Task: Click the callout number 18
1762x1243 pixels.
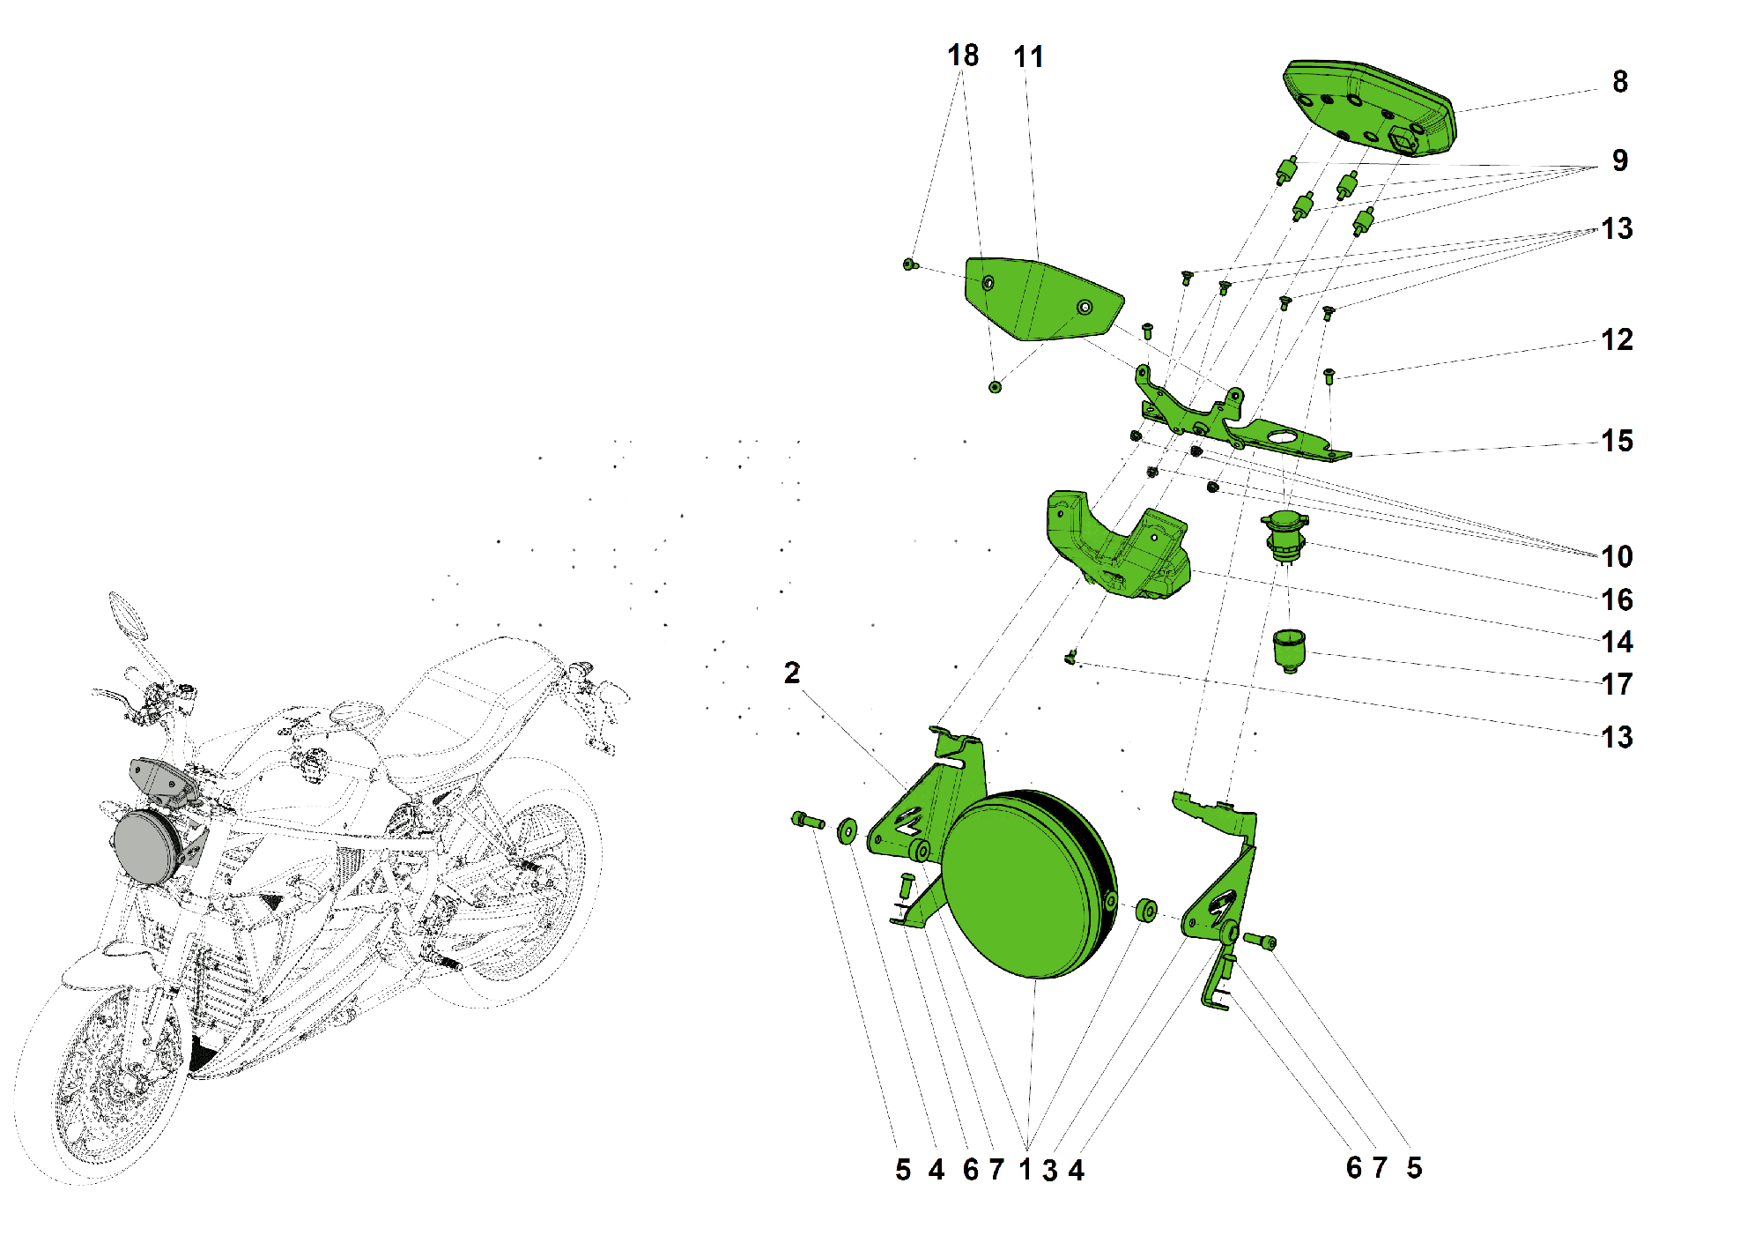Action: (962, 56)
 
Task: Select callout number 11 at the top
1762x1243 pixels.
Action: (1028, 57)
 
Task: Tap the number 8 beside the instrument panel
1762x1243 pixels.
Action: (1619, 82)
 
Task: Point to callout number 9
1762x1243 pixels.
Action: (1619, 160)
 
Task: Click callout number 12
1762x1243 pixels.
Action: (1617, 340)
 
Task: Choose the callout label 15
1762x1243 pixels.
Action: (1617, 442)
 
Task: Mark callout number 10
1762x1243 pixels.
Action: (1617, 557)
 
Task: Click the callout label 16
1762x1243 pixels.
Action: (1617, 600)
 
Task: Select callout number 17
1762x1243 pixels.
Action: (1617, 685)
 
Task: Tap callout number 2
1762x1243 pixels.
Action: (792, 674)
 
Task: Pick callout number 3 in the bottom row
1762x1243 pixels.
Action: (1049, 1171)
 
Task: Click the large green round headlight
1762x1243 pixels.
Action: (1026, 886)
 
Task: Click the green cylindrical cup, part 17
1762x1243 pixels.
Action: (1289, 651)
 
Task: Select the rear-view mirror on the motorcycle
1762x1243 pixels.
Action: (126, 614)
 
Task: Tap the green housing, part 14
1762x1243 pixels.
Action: (1119, 551)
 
